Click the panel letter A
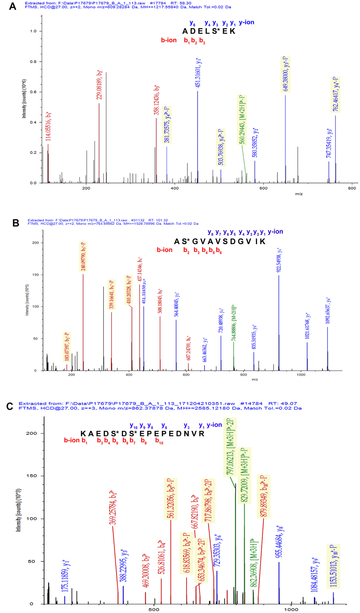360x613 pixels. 12,6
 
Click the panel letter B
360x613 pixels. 16,223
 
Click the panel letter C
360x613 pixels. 10,407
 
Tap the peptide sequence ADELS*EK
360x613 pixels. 209,31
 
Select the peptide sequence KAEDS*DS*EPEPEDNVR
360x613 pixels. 143,434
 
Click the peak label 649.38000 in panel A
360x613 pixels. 286,74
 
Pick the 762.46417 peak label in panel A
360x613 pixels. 335,94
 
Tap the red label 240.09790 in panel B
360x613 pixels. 83,257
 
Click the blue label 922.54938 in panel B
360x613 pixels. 279,260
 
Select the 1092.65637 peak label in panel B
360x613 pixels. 328,311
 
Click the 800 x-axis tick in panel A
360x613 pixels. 352,188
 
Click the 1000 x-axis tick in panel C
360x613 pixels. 291,609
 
